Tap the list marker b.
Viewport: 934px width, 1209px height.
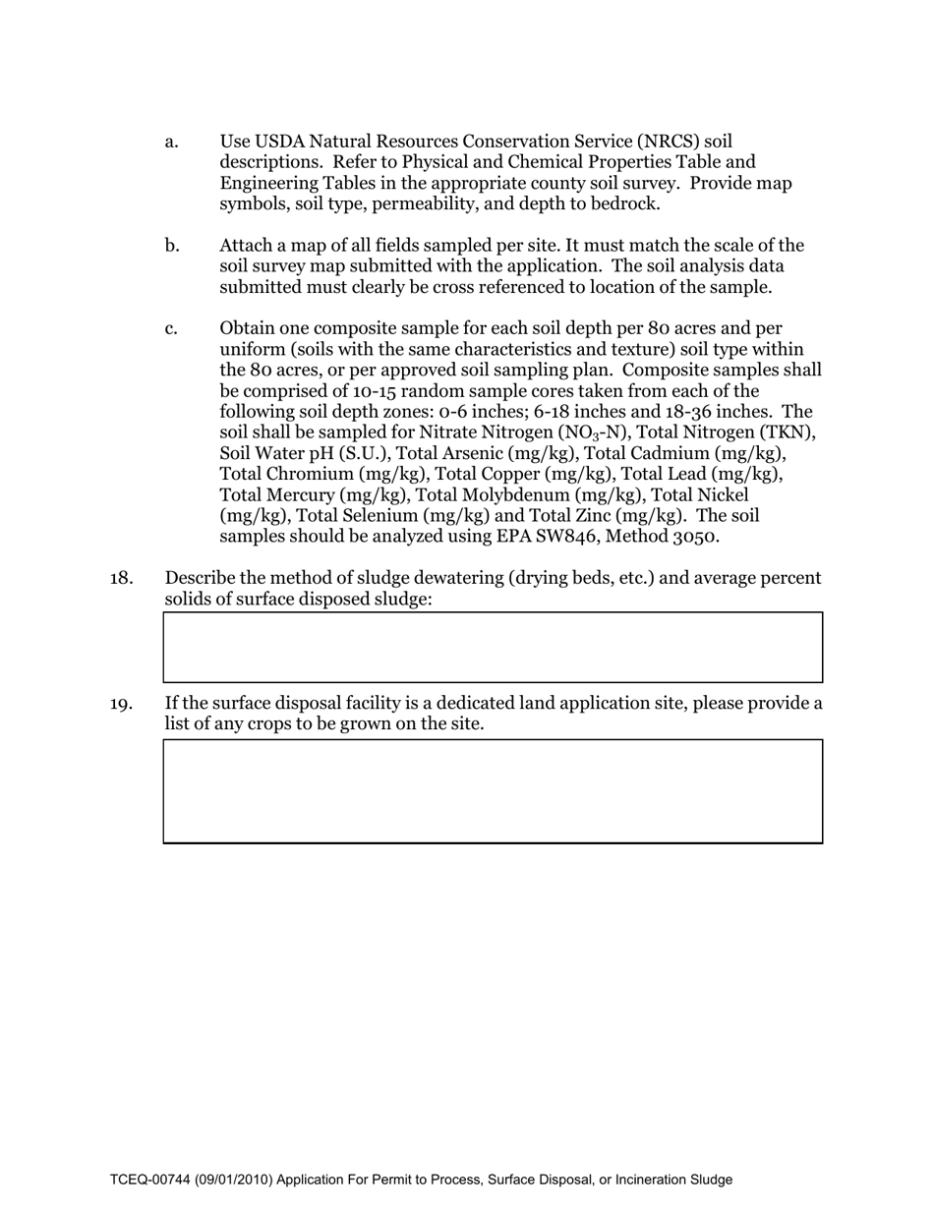[x=172, y=246]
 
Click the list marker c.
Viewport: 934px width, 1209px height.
[x=171, y=328]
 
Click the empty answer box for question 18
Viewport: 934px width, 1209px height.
[x=492, y=648]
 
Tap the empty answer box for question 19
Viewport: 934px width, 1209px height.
[x=492, y=791]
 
